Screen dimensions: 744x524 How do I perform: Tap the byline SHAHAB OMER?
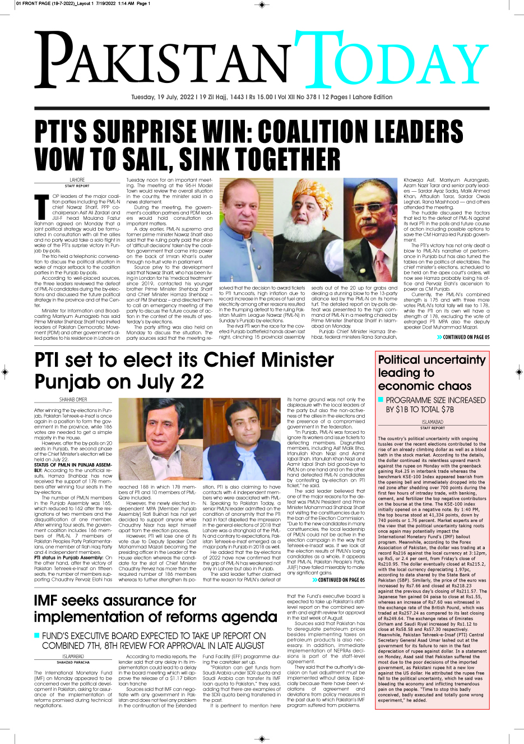tap(73, 400)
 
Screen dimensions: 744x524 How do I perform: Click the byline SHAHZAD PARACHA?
tap(73, 662)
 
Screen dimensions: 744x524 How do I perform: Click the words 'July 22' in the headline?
tap(168, 382)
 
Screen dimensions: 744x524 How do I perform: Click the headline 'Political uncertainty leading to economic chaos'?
tap(432, 372)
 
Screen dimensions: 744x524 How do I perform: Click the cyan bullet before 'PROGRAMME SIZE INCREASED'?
tap(381, 400)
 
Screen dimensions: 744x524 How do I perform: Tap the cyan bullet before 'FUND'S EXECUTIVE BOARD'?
tap(37, 635)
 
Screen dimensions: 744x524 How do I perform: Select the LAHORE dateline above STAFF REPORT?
tap(77, 180)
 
